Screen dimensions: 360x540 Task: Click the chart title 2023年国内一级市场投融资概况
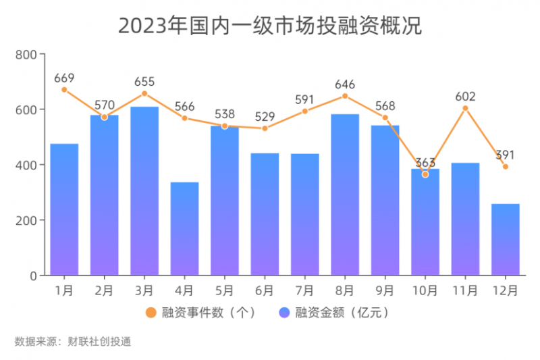(x=270, y=26)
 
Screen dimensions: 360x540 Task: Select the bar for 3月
(x=144, y=191)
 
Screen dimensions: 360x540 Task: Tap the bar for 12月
(x=506, y=239)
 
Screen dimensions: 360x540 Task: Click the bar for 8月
(x=345, y=195)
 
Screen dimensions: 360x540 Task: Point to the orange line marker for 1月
(x=64, y=89)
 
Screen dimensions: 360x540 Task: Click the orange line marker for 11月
(x=465, y=108)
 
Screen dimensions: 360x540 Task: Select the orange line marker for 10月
(x=425, y=174)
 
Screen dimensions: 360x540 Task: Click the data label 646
(x=345, y=84)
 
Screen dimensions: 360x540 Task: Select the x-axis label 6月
(x=265, y=290)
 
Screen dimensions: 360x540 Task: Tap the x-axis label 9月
(x=385, y=290)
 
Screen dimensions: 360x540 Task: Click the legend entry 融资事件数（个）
(x=202, y=313)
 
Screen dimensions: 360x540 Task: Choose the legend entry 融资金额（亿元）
(x=335, y=313)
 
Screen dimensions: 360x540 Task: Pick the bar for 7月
(x=305, y=214)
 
